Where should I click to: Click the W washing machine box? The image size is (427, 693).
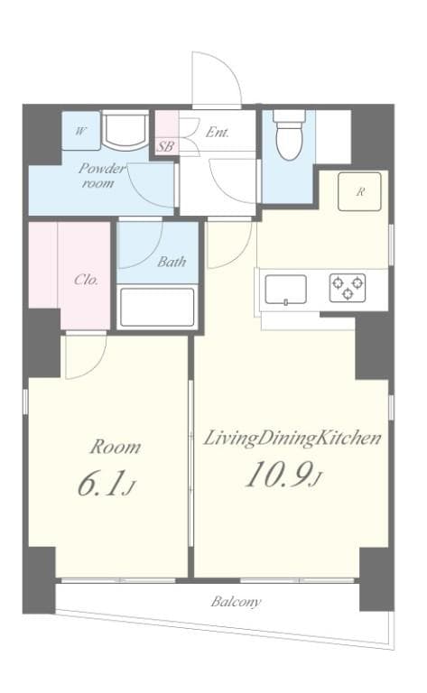click(81, 132)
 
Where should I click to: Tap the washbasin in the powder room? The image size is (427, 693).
click(124, 132)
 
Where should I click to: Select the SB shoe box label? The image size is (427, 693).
click(166, 145)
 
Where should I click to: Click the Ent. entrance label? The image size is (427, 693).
click(217, 132)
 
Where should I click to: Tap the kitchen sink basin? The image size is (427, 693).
click(285, 289)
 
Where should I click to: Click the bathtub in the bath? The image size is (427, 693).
click(156, 308)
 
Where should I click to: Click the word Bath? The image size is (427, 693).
click(172, 263)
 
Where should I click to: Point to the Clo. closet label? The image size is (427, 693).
click(86, 279)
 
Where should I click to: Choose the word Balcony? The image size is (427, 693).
click(237, 601)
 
